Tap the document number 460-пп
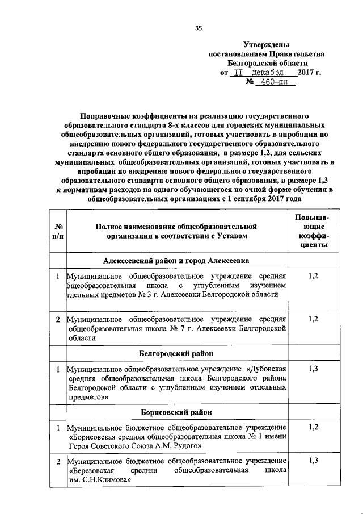272,82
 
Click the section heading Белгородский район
176,353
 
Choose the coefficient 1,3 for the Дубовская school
312,369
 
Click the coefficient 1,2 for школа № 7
312,320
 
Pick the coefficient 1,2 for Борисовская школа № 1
312,427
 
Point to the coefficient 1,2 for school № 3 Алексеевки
312,275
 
